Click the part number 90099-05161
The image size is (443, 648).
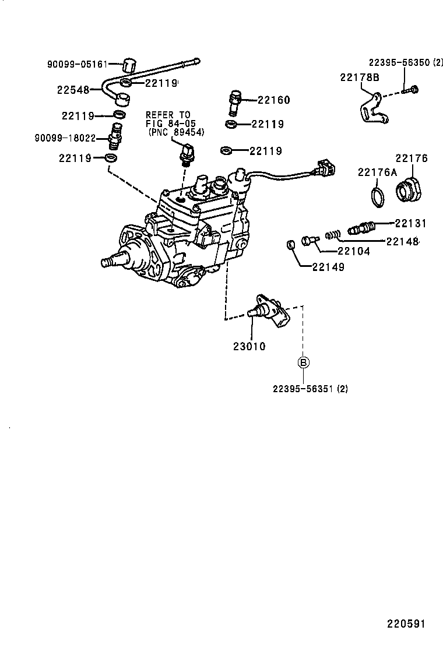77,65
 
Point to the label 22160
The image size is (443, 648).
274,100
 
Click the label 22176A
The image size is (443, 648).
377,172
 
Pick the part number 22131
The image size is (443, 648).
411,223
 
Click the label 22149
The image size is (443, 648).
328,267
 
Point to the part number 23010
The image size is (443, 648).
249,346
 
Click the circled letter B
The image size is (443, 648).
304,362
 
